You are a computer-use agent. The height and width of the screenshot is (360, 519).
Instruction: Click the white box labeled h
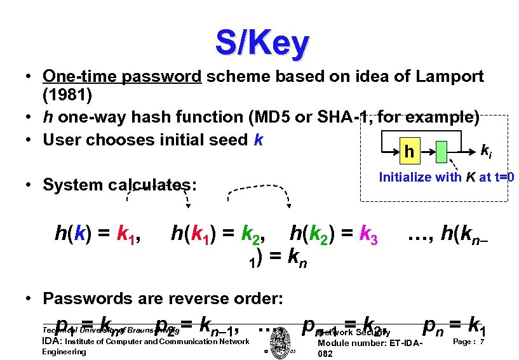tap(410, 150)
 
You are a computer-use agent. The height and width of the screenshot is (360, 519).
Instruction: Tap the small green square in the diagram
tap(443, 151)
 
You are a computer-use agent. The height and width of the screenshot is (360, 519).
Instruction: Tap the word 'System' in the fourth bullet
tap(72, 185)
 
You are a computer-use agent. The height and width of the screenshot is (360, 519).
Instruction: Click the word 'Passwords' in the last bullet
tap(83, 298)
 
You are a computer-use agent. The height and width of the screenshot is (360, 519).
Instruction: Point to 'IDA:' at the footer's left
tap(52, 342)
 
